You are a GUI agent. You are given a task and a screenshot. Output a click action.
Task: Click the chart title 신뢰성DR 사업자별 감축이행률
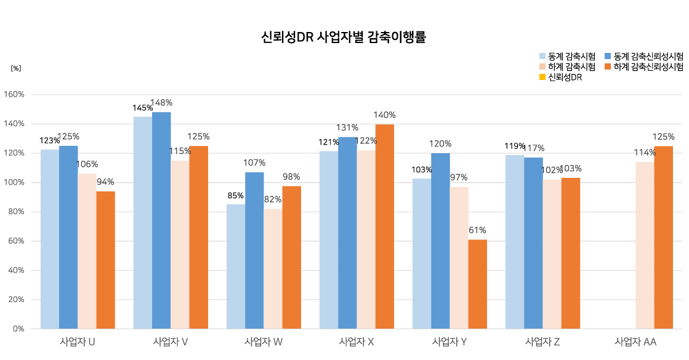point(344,38)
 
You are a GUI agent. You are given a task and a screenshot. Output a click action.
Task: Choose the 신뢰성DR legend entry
point(565,78)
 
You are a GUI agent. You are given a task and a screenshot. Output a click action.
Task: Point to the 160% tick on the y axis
point(14,95)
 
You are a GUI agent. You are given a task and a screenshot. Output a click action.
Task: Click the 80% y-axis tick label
point(16,212)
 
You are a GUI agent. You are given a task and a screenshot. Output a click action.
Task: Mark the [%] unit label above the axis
point(16,68)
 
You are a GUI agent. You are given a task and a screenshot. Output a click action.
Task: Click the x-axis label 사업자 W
point(264,342)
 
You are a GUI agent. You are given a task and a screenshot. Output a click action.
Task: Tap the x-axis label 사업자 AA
point(635,342)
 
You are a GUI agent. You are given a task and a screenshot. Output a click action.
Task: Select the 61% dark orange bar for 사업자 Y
point(477,284)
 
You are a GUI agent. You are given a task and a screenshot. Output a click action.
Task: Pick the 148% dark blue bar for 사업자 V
point(161,220)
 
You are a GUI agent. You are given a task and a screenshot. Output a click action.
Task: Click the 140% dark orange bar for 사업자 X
point(384,226)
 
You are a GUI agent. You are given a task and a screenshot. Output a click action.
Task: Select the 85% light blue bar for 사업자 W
point(236,266)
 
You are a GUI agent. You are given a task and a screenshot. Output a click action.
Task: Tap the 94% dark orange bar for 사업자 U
point(105,260)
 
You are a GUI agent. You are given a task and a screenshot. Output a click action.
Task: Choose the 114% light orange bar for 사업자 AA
point(645,245)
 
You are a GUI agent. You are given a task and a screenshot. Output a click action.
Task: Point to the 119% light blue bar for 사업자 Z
point(515,242)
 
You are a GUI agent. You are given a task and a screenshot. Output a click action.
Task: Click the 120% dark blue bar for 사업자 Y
point(440,241)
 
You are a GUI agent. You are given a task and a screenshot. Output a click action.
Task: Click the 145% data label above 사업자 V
point(142,108)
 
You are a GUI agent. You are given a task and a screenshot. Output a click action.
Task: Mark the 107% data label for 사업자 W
point(254,163)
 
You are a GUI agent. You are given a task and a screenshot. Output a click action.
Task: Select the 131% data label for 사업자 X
point(347,128)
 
